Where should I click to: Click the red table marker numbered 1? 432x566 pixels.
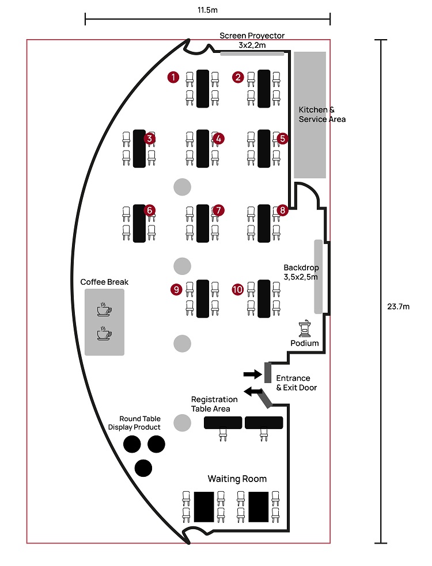[172, 77]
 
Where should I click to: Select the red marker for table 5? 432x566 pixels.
[282, 138]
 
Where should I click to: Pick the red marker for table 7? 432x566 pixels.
[218, 211]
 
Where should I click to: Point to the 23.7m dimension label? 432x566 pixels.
[398, 307]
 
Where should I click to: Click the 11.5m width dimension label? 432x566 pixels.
[207, 10]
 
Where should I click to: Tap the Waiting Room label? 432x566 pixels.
[237, 479]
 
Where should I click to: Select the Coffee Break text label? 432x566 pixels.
[104, 282]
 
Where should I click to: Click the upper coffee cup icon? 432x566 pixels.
[104, 309]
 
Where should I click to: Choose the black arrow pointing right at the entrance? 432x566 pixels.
[252, 374]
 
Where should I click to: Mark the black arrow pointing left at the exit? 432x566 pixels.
[252, 392]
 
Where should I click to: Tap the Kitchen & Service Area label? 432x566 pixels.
[322, 114]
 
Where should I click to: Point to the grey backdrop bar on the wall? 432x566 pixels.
[317, 277]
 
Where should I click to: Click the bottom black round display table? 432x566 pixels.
[143, 468]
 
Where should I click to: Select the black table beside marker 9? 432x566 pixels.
[202, 298]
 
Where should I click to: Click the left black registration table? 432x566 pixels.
[223, 423]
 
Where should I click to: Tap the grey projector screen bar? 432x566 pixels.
[252, 53]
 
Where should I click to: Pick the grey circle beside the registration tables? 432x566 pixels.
[182, 423]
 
